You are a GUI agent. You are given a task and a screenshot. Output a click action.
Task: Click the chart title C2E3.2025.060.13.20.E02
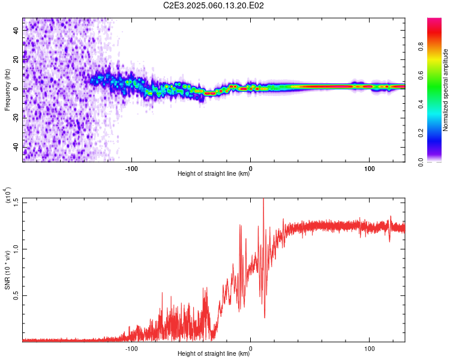(x=213, y=5)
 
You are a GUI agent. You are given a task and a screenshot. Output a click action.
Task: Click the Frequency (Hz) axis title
(x=7, y=90)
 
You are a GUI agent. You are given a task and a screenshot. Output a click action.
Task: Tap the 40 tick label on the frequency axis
(x=16, y=31)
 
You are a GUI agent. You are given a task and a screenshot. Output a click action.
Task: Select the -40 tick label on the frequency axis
(x=16, y=147)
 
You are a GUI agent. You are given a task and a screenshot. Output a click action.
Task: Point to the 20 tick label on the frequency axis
(x=16, y=60)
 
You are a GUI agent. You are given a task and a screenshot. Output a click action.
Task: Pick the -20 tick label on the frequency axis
(x=16, y=118)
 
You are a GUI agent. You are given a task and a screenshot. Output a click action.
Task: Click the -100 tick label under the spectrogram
(x=131, y=169)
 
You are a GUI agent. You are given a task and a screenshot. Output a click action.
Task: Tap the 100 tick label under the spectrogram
(x=370, y=169)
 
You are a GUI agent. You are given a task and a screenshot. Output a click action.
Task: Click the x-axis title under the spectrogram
(x=214, y=173)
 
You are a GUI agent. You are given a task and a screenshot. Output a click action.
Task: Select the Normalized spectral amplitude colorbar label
(x=445, y=90)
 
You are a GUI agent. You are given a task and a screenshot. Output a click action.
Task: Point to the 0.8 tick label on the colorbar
(x=421, y=47)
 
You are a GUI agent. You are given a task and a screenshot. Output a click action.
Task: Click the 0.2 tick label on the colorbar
(x=421, y=133)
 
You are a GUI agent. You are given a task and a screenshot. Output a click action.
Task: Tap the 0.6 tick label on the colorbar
(x=421, y=75)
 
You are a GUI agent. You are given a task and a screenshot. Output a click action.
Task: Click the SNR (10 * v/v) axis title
(x=7, y=270)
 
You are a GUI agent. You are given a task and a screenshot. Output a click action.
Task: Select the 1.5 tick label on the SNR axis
(x=16, y=202)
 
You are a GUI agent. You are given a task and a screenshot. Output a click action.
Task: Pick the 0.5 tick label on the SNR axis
(x=16, y=295)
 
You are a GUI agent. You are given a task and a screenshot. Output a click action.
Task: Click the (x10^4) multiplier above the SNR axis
(x=7, y=195)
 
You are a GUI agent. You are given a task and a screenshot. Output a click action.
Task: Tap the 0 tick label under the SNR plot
(x=251, y=349)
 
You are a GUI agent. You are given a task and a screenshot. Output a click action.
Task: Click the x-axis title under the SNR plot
(x=214, y=353)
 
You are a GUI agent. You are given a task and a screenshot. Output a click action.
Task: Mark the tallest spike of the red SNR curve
(x=263, y=199)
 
